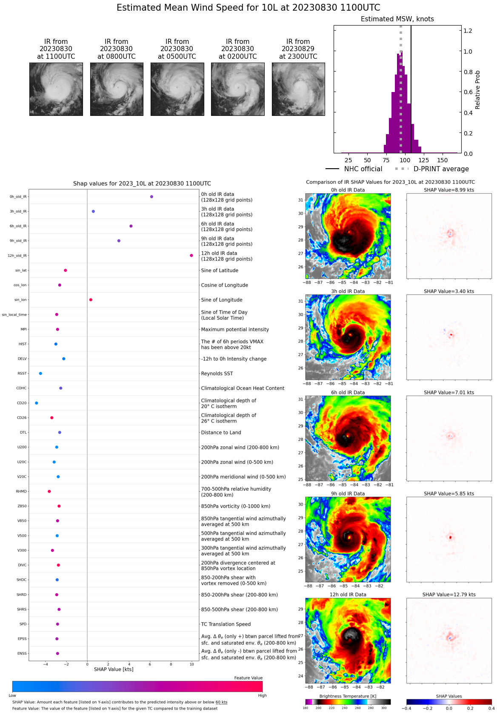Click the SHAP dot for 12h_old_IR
(191, 256)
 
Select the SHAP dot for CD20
(36, 403)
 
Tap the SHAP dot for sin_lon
(91, 300)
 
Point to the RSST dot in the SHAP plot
(40, 374)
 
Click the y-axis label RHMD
(21, 492)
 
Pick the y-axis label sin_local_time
(14, 315)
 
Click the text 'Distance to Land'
(221, 433)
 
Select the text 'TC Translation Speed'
(226, 624)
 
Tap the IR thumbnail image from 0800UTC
(117, 89)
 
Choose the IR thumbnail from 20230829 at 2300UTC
(298, 89)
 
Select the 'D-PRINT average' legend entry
(441, 169)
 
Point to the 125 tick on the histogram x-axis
(424, 160)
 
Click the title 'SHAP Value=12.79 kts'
(449, 595)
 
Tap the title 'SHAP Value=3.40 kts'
(449, 291)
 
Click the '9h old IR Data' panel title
(348, 494)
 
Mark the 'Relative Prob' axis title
(478, 90)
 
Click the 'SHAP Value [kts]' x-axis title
(114, 670)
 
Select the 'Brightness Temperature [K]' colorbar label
(348, 696)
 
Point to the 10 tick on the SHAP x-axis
(192, 664)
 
